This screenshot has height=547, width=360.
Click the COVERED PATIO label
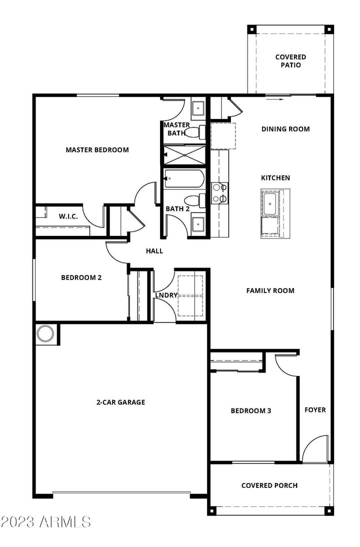pyautogui.click(x=290, y=61)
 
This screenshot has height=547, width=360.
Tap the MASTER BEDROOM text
pyautogui.click(x=97, y=149)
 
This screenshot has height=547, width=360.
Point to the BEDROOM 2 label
pyautogui.click(x=81, y=277)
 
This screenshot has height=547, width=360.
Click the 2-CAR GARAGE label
pyautogui.click(x=120, y=401)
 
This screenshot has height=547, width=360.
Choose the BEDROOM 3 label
pyautogui.click(x=250, y=410)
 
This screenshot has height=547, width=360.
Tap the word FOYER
pyautogui.click(x=315, y=409)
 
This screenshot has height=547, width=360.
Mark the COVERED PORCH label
pyautogui.click(x=269, y=485)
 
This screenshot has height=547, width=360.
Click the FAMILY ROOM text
pyautogui.click(x=270, y=290)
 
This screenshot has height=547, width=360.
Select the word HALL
pyautogui.click(x=154, y=251)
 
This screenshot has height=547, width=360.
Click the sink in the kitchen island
pyautogui.click(x=270, y=204)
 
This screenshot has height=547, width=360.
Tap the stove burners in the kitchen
pyautogui.click(x=218, y=193)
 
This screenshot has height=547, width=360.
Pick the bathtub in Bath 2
pyautogui.click(x=183, y=178)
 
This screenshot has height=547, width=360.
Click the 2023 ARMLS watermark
pyautogui.click(x=45, y=522)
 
